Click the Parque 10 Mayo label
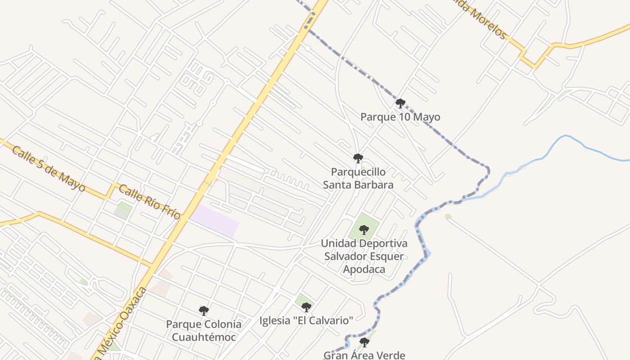click(400, 117)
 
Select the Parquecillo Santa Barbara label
click(358, 178)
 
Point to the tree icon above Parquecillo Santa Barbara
click(358, 158)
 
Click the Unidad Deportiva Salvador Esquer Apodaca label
click(364, 256)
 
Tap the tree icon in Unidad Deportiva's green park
click(364, 230)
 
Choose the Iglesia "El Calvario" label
click(306, 320)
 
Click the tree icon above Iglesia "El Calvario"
click(306, 307)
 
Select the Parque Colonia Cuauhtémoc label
click(204, 330)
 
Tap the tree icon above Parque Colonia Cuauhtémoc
click(204, 310)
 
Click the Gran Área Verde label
click(364, 355)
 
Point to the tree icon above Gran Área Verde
click(364, 342)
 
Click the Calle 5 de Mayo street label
click(48, 168)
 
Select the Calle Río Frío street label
click(149, 202)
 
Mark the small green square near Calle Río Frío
click(123, 210)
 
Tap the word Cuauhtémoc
click(204, 337)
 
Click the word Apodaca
click(364, 269)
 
